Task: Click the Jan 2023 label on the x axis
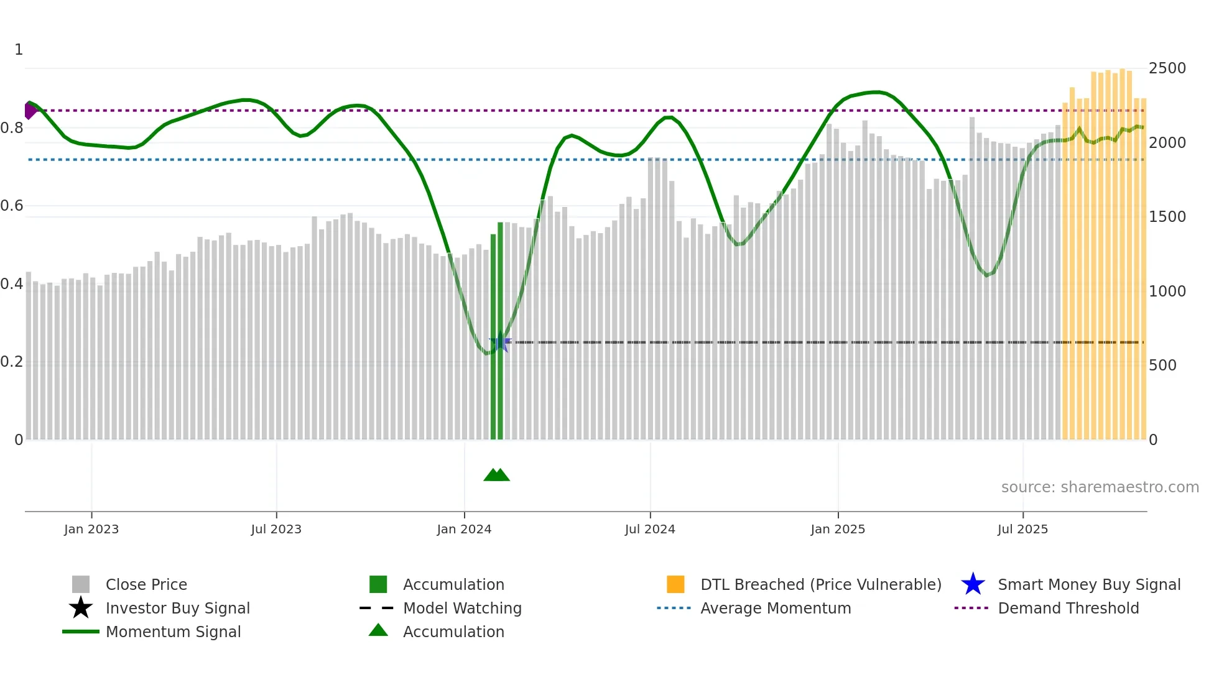(x=91, y=529)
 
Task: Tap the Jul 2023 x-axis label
(x=276, y=529)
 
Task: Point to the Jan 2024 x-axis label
(x=464, y=529)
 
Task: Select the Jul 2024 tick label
(x=650, y=529)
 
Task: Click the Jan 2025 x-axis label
(x=838, y=529)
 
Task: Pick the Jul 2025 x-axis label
(x=1022, y=529)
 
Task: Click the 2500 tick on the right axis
(x=1167, y=68)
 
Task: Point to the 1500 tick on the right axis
(x=1167, y=217)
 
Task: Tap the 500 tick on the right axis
(x=1162, y=365)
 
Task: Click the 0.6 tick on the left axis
(x=12, y=206)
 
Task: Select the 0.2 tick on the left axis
(x=12, y=362)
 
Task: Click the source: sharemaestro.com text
(x=1100, y=487)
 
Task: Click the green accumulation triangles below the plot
(x=496, y=476)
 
